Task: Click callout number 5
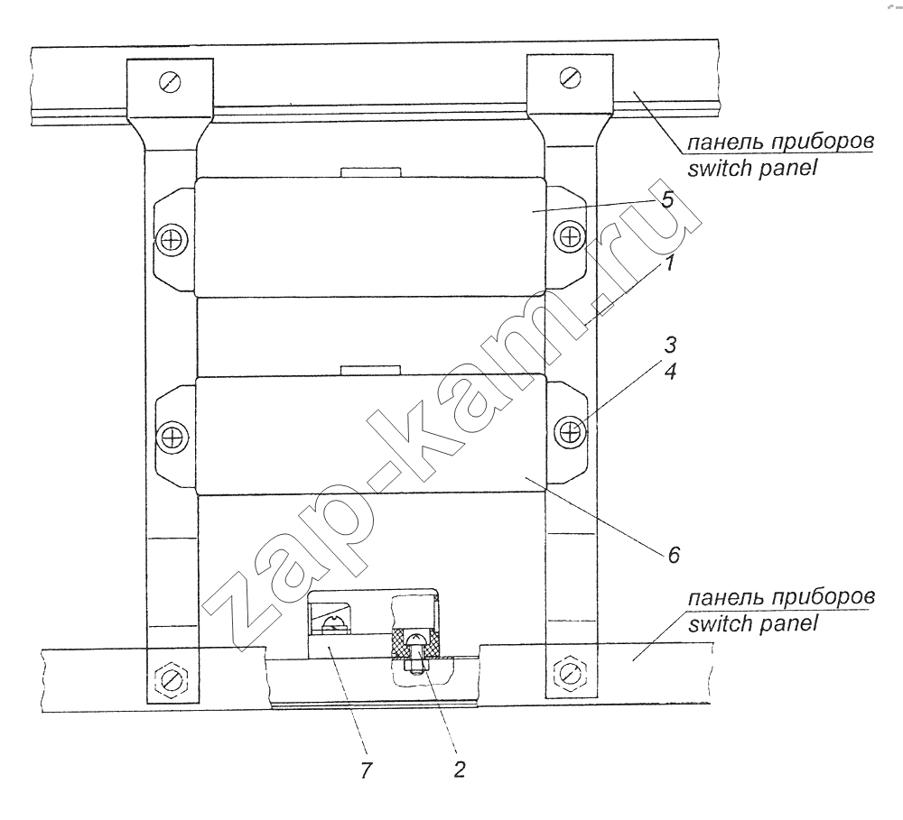(x=667, y=199)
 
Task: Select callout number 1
(x=669, y=263)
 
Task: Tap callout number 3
(x=670, y=346)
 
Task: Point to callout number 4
(x=670, y=371)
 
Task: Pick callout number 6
(x=674, y=555)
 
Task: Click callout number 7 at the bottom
(x=367, y=770)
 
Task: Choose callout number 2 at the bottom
(x=459, y=769)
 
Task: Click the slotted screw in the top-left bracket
(x=170, y=82)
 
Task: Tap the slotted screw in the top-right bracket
(x=570, y=78)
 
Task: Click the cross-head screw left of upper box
(x=171, y=240)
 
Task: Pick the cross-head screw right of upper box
(x=570, y=236)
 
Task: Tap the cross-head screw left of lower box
(x=172, y=437)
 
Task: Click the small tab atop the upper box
(x=370, y=172)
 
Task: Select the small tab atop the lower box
(x=370, y=370)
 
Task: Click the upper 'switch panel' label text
(x=752, y=169)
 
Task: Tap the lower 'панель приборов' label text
(x=781, y=598)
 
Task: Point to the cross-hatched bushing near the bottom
(x=416, y=643)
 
